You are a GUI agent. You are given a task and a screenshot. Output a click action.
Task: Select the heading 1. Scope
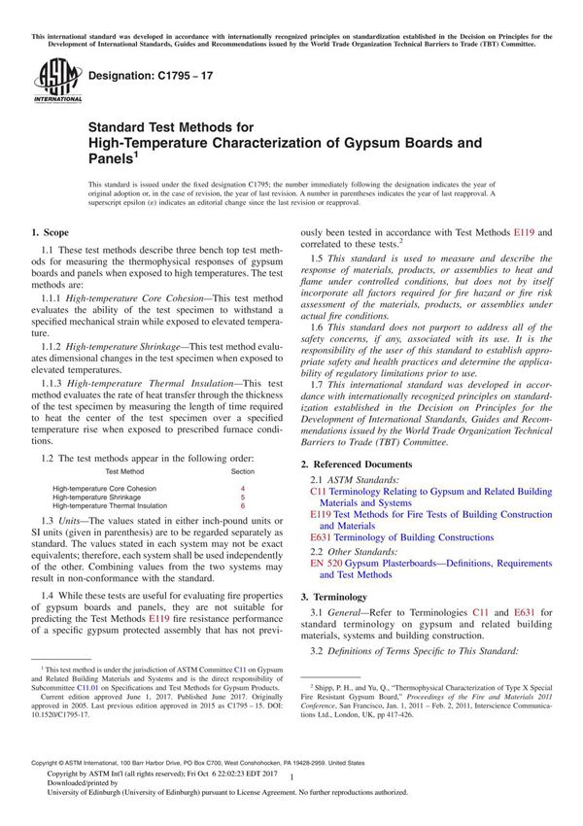tap(50, 233)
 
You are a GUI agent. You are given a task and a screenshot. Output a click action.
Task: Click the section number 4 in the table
tap(243, 489)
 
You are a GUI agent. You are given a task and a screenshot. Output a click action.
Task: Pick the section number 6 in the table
tap(243, 506)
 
